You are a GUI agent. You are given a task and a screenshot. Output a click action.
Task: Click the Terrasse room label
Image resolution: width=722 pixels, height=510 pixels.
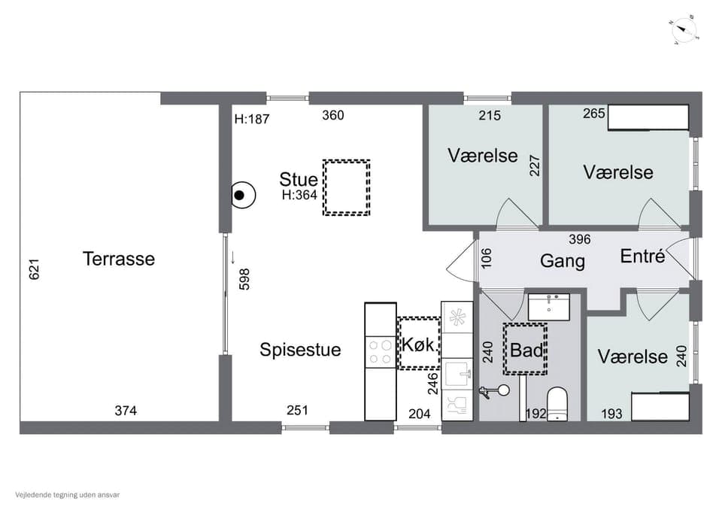[x=119, y=259]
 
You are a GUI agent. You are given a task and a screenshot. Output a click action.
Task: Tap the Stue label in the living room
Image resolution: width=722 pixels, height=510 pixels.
[x=299, y=179]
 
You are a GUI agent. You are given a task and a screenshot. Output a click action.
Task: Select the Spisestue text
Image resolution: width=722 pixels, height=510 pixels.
[x=300, y=349]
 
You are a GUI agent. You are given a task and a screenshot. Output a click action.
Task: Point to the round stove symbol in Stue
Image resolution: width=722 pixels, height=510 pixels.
[x=242, y=196]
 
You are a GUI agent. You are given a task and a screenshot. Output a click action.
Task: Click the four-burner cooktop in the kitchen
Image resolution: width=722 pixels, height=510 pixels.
[x=381, y=352]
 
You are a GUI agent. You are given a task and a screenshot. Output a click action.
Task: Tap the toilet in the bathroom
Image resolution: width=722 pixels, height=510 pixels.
[x=557, y=404]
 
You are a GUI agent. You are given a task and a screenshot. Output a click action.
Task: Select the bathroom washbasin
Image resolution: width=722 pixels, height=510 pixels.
[x=548, y=307]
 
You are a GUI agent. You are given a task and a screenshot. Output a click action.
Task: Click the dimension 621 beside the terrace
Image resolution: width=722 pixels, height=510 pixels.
[x=34, y=269]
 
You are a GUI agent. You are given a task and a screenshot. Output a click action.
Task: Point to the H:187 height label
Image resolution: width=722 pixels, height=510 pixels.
[x=252, y=119]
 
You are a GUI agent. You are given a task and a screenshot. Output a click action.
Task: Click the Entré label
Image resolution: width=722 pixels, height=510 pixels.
[x=642, y=256]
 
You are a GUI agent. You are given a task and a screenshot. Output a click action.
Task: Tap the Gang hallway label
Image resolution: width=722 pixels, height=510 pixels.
[x=563, y=261]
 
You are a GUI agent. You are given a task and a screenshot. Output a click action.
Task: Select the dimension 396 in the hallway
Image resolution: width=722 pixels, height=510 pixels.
[x=579, y=239]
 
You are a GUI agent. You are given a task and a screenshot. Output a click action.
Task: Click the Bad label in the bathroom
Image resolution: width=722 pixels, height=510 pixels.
[x=526, y=350]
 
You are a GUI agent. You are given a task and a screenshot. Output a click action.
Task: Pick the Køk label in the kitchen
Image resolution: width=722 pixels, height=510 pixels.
[x=418, y=345]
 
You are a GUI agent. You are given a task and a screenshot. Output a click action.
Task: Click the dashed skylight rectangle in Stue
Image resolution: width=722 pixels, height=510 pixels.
[x=347, y=187]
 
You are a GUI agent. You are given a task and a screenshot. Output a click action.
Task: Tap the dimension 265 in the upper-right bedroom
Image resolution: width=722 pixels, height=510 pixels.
[x=593, y=114]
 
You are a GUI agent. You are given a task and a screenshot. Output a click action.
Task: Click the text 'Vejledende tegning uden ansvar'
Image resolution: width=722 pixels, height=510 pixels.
[x=67, y=495]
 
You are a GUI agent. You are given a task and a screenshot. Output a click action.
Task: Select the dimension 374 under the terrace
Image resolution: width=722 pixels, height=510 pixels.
[x=126, y=410]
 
